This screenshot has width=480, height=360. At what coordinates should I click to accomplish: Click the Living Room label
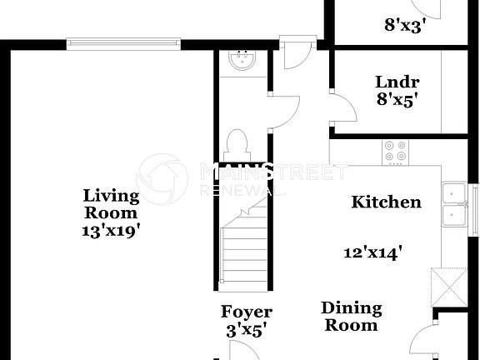click(111, 204)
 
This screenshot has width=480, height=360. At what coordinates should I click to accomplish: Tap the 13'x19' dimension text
click(111, 231)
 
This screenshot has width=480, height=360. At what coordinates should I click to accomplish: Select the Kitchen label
click(386, 202)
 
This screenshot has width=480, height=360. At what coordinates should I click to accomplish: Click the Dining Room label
click(352, 317)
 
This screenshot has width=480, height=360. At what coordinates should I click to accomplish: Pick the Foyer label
click(246, 312)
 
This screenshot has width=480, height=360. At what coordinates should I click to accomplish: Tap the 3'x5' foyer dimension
click(246, 331)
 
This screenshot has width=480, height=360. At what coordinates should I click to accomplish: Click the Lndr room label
click(397, 82)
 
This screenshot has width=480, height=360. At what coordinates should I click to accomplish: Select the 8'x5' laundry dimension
click(397, 100)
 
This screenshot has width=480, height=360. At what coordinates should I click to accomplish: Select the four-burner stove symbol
click(394, 151)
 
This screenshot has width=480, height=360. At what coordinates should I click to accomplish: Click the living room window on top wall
click(123, 41)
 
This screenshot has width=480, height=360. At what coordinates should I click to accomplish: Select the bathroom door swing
click(285, 112)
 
